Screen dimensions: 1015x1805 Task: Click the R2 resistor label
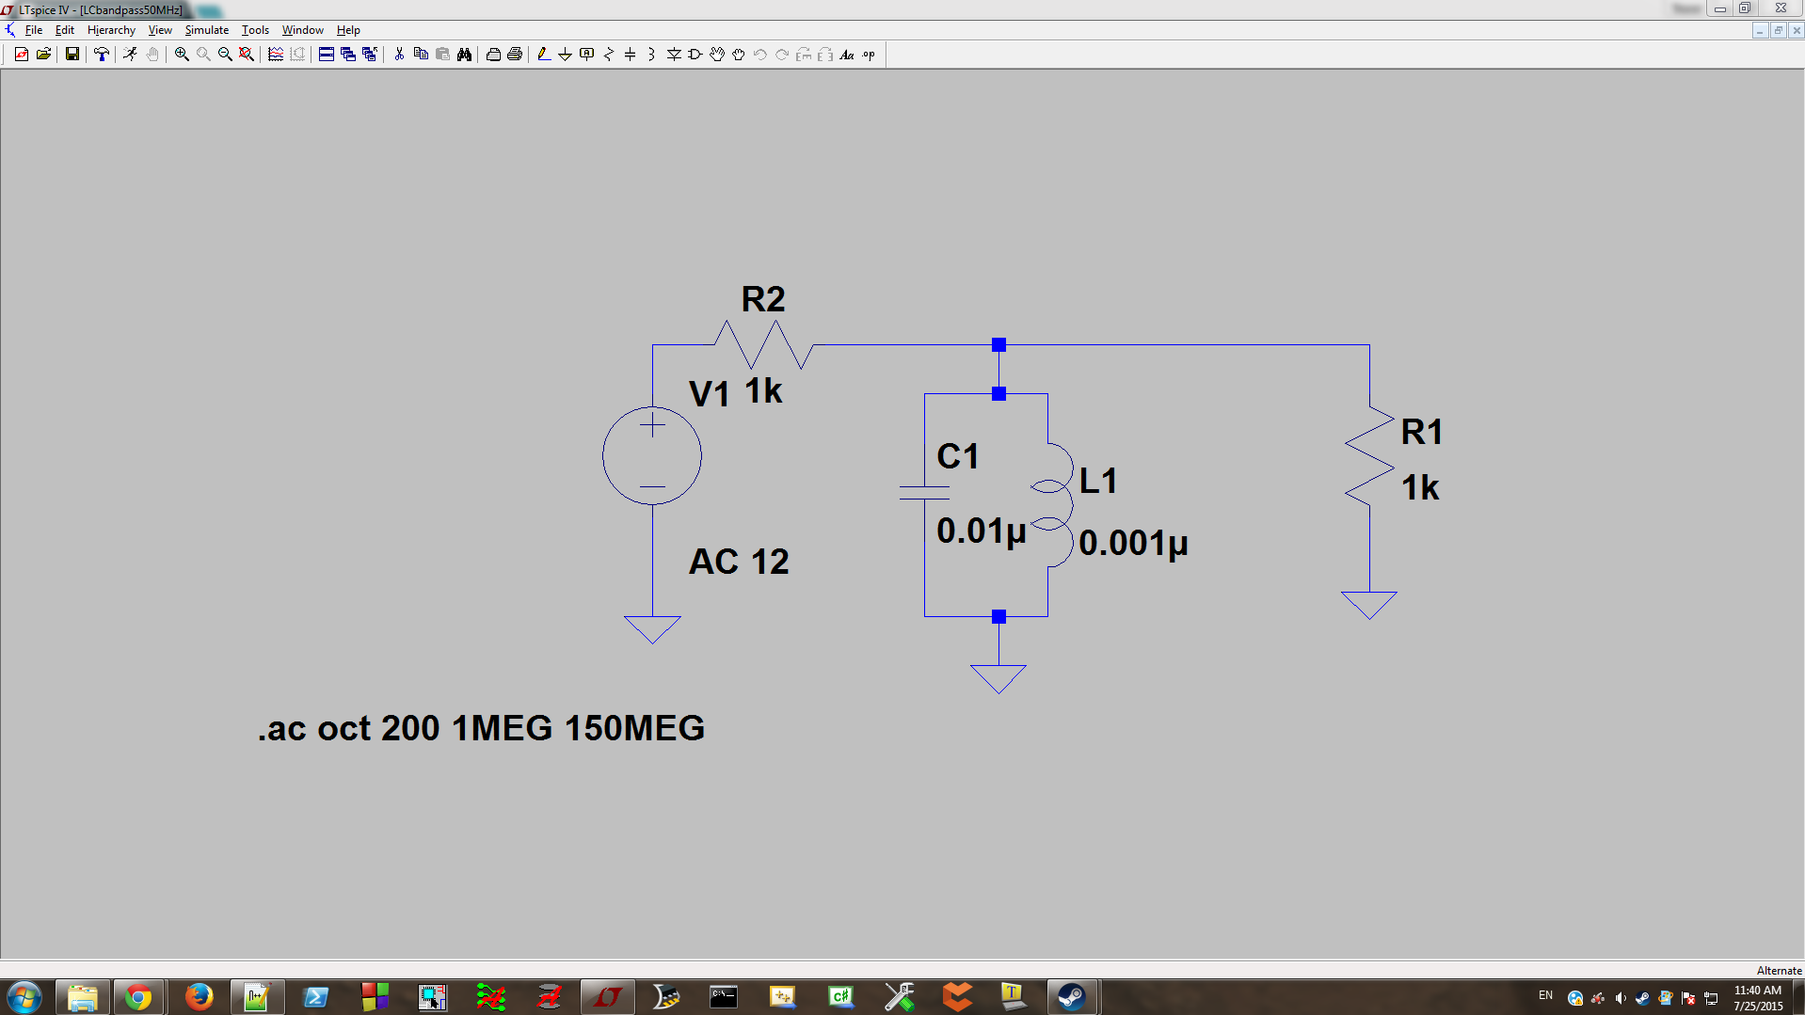coord(762,299)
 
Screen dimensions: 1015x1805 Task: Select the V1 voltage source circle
coord(652,456)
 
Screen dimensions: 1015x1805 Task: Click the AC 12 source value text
coord(739,562)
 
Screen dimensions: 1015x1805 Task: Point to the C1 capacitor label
coord(958,457)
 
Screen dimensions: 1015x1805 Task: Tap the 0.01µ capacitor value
coord(981,531)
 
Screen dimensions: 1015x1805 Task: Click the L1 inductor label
coord(1098,482)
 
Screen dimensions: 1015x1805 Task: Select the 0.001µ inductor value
coord(1133,543)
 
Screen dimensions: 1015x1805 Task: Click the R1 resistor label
coord(1422,432)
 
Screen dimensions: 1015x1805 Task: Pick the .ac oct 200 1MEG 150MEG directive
coord(481,728)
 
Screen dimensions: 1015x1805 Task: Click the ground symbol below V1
coord(652,628)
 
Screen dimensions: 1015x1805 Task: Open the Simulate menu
coord(206,30)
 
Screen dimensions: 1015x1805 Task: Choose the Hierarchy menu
coord(111,30)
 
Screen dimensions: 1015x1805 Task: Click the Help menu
coord(348,30)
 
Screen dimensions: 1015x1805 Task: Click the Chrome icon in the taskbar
coord(138,997)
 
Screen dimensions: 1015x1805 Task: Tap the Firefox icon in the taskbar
coord(199,997)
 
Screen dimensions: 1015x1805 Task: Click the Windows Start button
coord(24,997)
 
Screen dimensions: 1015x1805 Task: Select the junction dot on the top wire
coord(999,345)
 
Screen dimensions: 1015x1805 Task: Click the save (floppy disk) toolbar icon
coord(72,55)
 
